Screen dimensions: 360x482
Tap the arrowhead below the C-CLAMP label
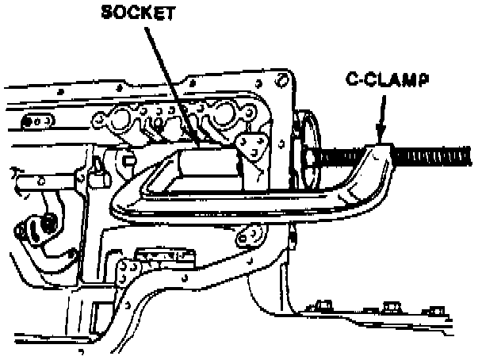coord(380,135)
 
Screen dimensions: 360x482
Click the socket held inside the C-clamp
coord(207,167)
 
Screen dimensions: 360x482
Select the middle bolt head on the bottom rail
coord(389,307)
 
